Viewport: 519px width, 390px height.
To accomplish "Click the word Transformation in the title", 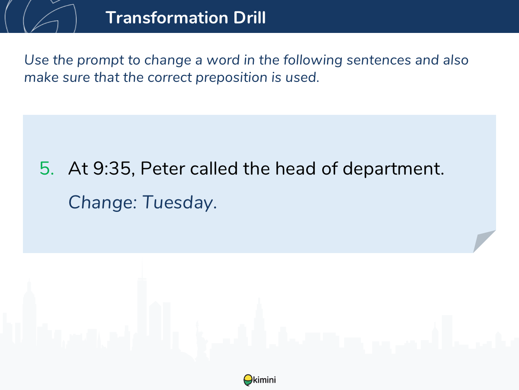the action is click(167, 17).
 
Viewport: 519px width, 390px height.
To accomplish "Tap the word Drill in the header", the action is click(250, 17).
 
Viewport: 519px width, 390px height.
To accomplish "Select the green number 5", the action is click(47, 169).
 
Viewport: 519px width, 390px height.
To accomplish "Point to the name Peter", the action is click(163, 169).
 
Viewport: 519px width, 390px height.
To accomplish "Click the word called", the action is click(214, 168).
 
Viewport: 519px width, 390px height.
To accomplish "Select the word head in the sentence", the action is click(295, 168).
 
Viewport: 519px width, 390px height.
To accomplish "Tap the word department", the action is click(393, 169).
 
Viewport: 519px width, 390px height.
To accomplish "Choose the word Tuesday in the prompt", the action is click(179, 202).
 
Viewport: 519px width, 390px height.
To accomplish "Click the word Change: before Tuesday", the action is click(103, 202).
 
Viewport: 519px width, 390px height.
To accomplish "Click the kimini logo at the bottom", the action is click(259, 380).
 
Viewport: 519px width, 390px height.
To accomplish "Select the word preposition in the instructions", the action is click(231, 78).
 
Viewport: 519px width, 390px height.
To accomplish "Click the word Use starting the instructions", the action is click(36, 60).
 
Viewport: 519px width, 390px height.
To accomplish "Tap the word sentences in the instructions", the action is click(378, 60).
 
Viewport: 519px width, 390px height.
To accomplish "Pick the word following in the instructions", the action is click(313, 60).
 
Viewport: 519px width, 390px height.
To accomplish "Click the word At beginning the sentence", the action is click(78, 169).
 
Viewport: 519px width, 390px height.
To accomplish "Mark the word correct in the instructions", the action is click(170, 78).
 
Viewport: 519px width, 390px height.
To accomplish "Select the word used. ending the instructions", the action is click(302, 77).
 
